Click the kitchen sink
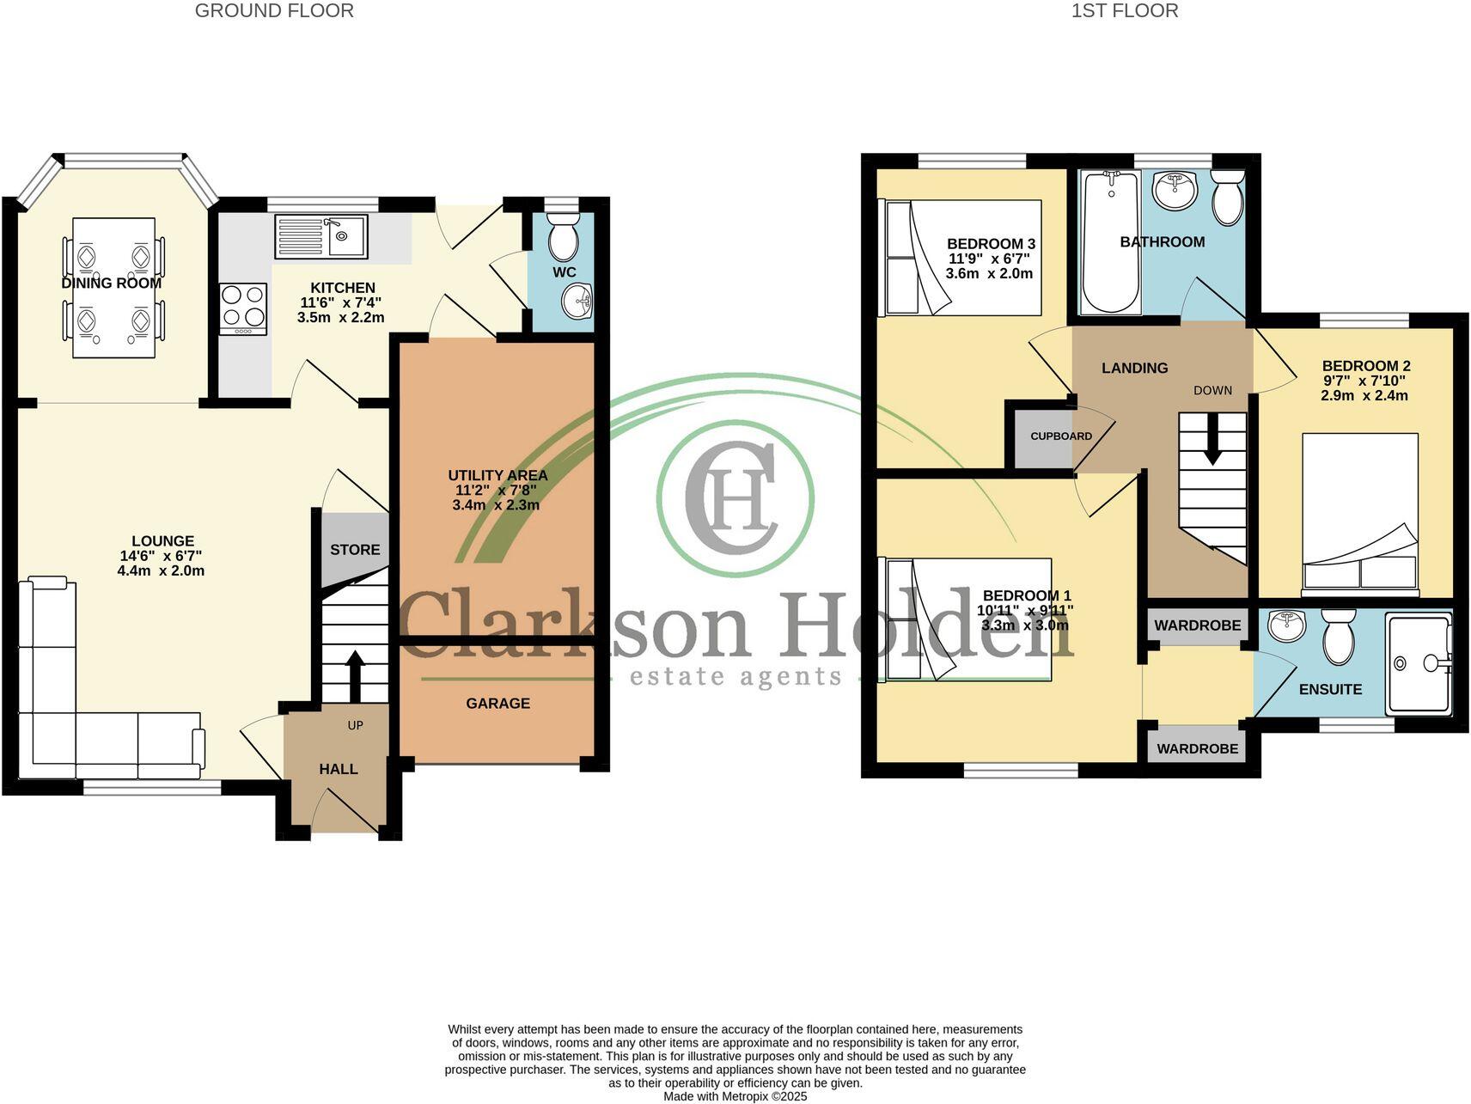tap(320, 236)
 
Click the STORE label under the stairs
tap(355, 550)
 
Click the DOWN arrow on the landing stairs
tap(1212, 439)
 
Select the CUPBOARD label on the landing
tap(1061, 436)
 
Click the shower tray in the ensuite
tap(1417, 662)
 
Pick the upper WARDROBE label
tap(1197, 625)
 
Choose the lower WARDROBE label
tap(1197, 749)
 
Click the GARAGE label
tap(497, 704)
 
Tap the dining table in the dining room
tap(113, 288)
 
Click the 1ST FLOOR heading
tap(1124, 11)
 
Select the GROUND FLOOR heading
tap(274, 11)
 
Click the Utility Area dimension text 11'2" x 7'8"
tap(497, 491)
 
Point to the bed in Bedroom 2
tap(1359, 514)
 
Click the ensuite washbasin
tap(1285, 625)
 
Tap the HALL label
tap(339, 769)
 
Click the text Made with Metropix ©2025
tap(735, 1096)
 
